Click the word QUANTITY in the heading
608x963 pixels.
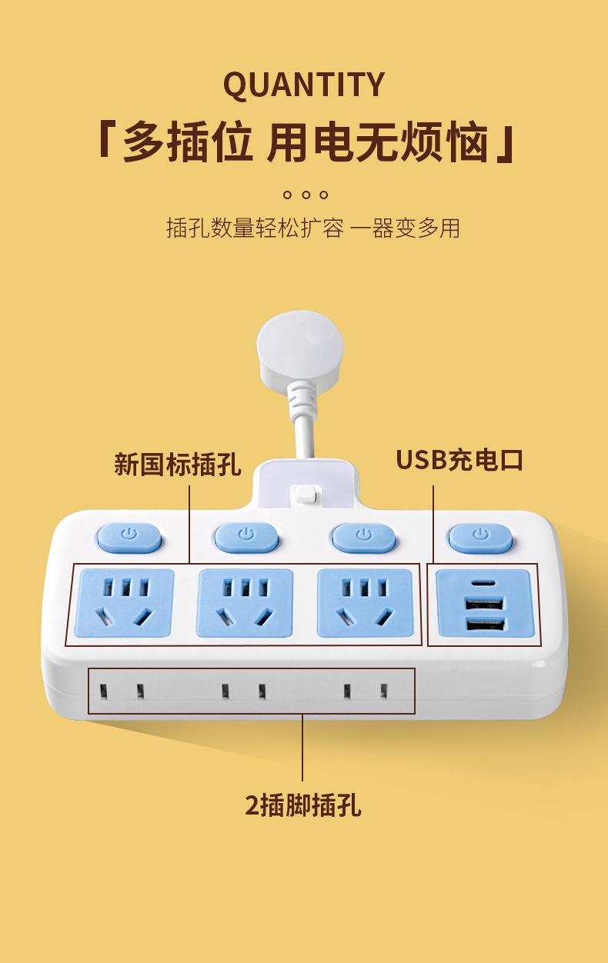click(303, 85)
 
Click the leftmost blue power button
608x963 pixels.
click(129, 536)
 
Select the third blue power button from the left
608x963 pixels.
click(363, 536)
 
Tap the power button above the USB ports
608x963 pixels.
click(481, 536)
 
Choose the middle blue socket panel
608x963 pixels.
click(245, 603)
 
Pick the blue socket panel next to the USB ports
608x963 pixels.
click(362, 603)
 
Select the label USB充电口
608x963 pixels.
click(459, 459)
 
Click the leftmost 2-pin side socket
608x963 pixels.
click(120, 690)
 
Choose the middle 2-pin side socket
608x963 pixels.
click(242, 691)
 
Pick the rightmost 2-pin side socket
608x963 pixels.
click(364, 691)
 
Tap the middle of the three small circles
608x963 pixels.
click(306, 195)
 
